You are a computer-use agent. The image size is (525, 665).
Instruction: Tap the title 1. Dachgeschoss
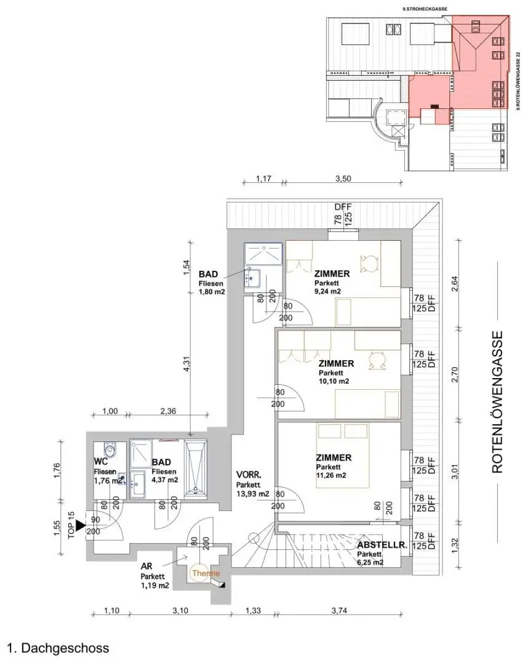tap(58, 648)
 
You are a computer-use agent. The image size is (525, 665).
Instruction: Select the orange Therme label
tap(206, 573)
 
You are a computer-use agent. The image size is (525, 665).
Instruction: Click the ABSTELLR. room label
tap(382, 544)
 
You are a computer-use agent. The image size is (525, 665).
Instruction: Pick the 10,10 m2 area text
tap(334, 381)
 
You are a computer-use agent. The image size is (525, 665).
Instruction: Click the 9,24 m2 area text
tap(327, 291)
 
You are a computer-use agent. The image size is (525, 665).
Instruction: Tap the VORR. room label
tap(249, 475)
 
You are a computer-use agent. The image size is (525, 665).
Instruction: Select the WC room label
tap(102, 461)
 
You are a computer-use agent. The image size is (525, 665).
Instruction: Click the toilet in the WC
tap(110, 446)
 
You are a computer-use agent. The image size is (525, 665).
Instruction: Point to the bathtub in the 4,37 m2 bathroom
tap(196, 468)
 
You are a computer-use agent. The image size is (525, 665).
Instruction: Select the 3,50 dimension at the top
tap(342, 180)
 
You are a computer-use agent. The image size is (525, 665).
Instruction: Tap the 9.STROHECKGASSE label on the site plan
tap(425, 9)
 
